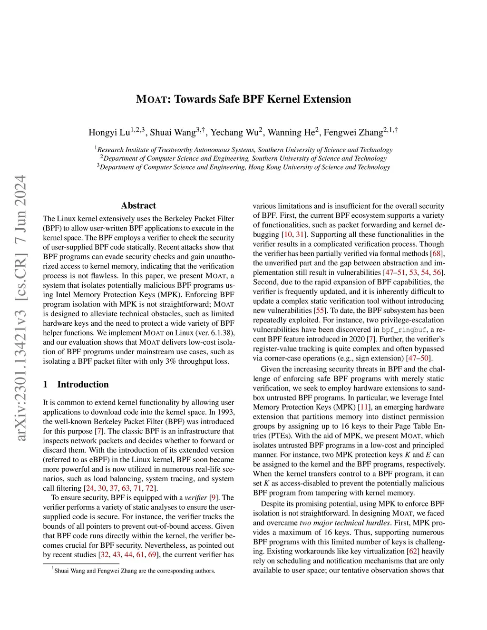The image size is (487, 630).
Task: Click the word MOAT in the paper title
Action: click(151, 99)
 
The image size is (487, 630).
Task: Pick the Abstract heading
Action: click(138, 205)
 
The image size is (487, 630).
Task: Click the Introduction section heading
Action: click(83, 384)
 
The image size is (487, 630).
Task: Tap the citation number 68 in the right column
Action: click(437, 253)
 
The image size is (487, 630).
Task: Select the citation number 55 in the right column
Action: click(321, 310)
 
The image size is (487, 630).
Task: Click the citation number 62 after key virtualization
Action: click(412, 551)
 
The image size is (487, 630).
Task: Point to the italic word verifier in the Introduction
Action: click(196, 497)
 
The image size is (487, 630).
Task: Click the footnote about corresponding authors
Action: click(134, 571)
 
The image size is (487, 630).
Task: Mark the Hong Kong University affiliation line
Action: click(243, 167)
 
